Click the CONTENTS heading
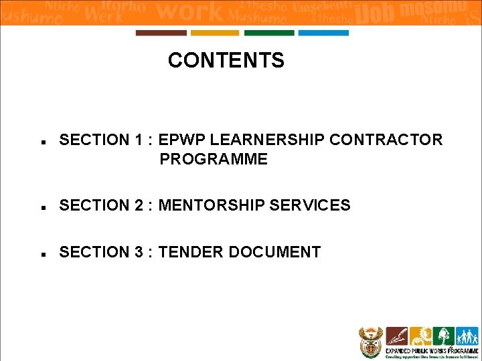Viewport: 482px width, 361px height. (226, 61)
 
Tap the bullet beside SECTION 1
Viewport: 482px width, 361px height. (42, 142)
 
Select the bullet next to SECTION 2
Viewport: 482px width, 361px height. (42, 208)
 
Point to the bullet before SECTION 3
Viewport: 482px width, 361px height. (42, 255)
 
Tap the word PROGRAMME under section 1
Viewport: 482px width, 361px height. (214, 159)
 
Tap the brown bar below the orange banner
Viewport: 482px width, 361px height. (161, 33)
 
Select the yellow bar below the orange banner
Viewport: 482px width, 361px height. (214, 33)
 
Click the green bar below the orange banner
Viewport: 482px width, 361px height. (268, 33)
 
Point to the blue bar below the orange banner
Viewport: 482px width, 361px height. (323, 33)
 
